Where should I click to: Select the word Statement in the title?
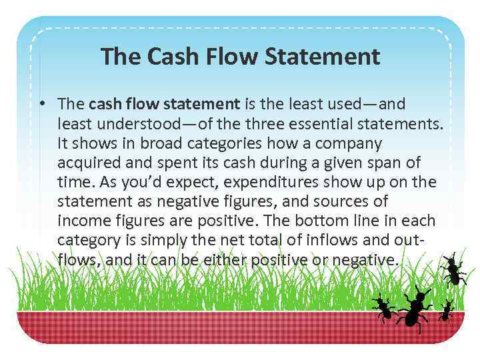(323, 56)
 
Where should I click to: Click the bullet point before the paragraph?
(42, 104)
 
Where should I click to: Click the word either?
(229, 259)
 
